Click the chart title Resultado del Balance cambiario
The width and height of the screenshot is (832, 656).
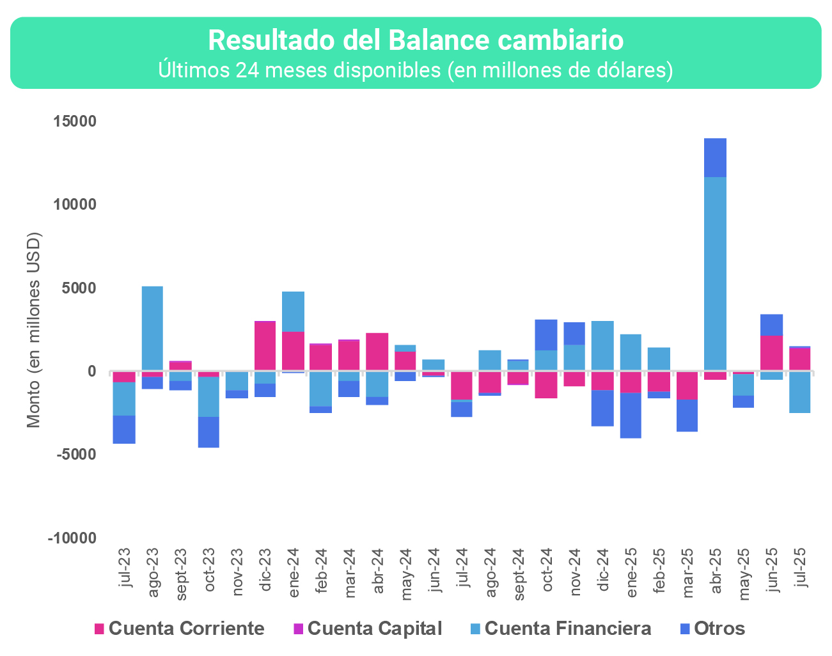(x=416, y=40)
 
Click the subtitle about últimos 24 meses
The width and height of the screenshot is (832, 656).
(x=416, y=70)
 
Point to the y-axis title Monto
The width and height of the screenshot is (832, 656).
(x=34, y=330)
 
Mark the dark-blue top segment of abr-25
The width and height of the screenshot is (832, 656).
(x=715, y=157)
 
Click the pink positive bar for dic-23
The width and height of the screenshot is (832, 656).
(x=265, y=345)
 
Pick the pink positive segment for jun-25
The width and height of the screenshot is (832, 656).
(x=771, y=353)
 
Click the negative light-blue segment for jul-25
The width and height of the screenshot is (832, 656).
(x=799, y=392)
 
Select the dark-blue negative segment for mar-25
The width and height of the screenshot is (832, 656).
(x=687, y=416)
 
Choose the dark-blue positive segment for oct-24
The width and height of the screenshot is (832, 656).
(x=546, y=334)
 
